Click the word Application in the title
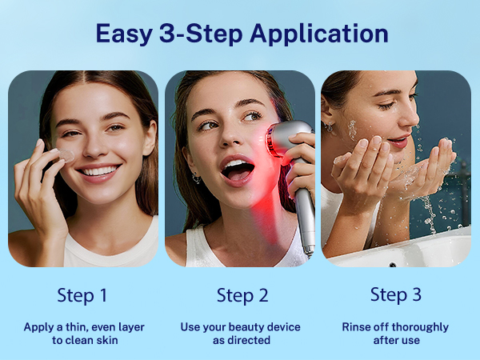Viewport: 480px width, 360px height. click(x=319, y=34)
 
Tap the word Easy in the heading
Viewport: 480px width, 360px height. click(x=124, y=34)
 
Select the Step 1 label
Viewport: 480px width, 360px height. click(x=82, y=296)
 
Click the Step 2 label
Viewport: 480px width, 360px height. click(x=242, y=296)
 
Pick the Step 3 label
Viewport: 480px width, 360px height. click(x=396, y=294)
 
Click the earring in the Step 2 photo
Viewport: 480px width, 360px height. click(x=196, y=178)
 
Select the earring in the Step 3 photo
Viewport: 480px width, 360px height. click(x=329, y=126)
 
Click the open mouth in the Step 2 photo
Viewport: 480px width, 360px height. click(x=238, y=170)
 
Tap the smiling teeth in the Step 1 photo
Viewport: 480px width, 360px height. click(x=98, y=171)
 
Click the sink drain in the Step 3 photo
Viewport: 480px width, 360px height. click(x=393, y=265)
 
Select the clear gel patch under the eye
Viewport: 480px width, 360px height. click(x=66, y=155)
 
